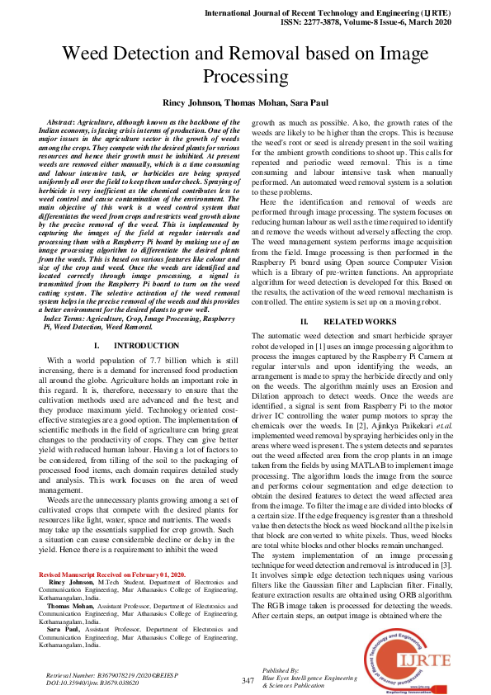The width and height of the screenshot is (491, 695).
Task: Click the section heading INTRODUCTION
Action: (x=146, y=345)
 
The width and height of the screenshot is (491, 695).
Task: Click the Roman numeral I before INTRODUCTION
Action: (x=97, y=345)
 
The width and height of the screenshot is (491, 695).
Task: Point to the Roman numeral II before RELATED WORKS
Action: (x=304, y=320)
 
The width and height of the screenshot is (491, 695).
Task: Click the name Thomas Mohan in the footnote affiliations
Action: (x=70, y=605)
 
